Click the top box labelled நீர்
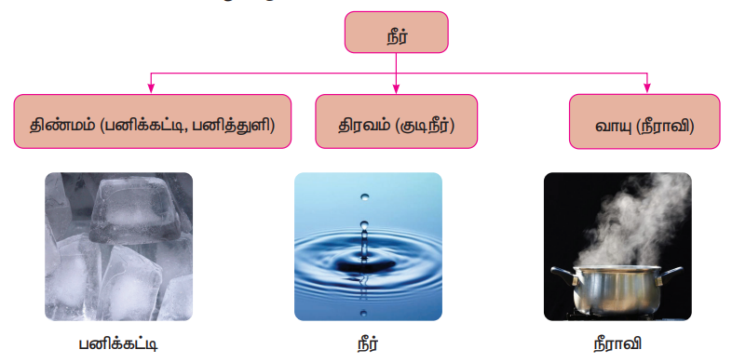pos(397,33)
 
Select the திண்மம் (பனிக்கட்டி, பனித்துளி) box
pos(152,121)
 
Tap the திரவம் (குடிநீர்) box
pos(397,121)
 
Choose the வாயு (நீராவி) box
pos(644,121)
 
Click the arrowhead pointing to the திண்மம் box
pos(151,88)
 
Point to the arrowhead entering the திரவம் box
pos(397,88)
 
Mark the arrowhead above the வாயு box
pos(647,88)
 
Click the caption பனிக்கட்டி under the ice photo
pos(117,344)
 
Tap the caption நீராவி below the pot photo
pos(617,343)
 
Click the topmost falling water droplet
pos(364,197)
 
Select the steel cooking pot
pos(617,290)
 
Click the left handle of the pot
pos(564,275)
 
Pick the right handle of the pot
pos(670,276)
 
